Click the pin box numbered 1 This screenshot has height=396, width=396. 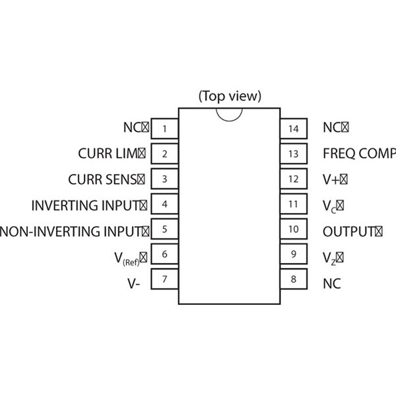164,128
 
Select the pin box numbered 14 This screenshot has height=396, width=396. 294,128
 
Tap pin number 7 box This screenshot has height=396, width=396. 164,279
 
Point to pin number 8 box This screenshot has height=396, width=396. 294,279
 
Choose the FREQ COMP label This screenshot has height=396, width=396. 359,153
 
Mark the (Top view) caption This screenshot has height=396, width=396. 230,96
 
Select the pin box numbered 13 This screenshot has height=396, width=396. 294,153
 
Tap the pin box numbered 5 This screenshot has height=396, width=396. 164,229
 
